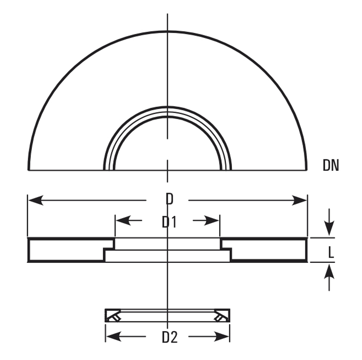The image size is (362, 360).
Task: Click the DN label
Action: point(331,165)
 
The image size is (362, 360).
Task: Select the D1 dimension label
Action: point(169,222)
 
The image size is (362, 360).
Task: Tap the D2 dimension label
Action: point(169,337)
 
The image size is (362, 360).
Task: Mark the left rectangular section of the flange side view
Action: point(67,250)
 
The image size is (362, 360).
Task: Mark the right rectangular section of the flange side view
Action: point(268,250)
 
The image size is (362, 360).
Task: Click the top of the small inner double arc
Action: point(168,109)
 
